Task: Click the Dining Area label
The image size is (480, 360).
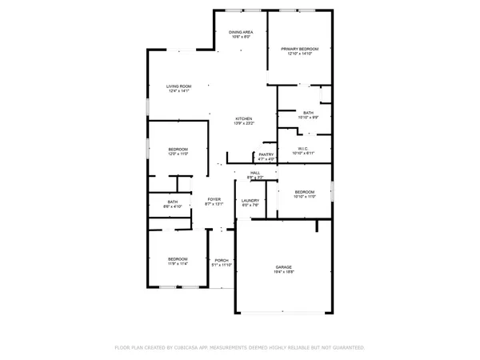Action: (241, 32)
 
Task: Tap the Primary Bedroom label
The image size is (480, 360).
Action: (299, 49)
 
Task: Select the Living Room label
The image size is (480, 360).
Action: (178, 86)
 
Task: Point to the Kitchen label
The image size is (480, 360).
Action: (243, 118)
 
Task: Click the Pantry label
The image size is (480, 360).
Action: (266, 154)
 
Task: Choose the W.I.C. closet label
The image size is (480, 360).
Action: (303, 148)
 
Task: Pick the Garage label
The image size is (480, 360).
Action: (284, 267)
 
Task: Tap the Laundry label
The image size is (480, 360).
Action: (250, 201)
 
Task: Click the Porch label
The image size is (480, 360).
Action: (222, 260)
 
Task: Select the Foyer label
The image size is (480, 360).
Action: (214, 199)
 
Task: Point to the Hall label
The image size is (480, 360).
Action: (255, 172)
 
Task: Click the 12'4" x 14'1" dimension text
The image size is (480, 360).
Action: (178, 91)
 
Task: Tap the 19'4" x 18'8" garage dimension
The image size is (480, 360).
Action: (284, 273)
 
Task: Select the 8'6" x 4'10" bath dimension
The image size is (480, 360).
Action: (173, 206)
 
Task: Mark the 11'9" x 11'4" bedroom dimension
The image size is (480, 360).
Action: (177, 263)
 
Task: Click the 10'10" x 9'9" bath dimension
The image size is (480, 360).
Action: (308, 118)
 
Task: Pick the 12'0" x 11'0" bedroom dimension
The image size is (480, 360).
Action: (178, 154)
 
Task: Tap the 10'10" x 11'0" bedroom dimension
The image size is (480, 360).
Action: (305, 196)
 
